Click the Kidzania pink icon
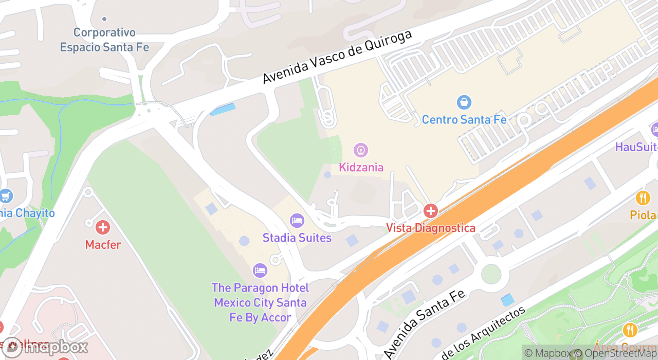point(361,150)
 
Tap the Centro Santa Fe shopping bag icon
point(464,102)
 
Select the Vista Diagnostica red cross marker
point(430,211)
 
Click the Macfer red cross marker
point(103,227)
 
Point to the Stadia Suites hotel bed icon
point(297,221)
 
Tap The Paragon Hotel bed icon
point(260,271)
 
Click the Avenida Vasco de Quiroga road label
point(337,57)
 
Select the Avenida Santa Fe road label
point(425,323)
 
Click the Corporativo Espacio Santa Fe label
point(104,40)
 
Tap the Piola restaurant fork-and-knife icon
point(643,197)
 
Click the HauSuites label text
point(636,147)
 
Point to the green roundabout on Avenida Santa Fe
point(491,274)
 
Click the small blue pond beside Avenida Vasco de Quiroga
point(223,110)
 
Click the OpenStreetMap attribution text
point(617,353)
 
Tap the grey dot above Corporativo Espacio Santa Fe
point(104,19)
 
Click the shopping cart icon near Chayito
point(5,196)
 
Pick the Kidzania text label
point(361,167)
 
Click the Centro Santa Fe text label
point(464,120)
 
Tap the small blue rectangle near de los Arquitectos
point(507,300)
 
